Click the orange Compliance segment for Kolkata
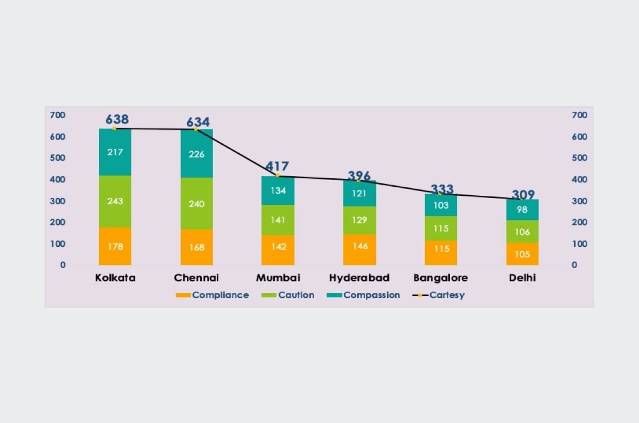pyautogui.click(x=115, y=246)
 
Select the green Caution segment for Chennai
pyautogui.click(x=196, y=204)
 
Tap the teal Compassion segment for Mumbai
pyautogui.click(x=278, y=190)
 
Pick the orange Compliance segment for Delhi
pyautogui.click(x=522, y=254)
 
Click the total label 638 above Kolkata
pyautogui.click(x=117, y=119)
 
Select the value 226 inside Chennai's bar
pyautogui.click(x=196, y=154)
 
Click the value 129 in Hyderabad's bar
pyautogui.click(x=359, y=220)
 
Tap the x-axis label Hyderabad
pyautogui.click(x=359, y=278)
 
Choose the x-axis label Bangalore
pyautogui.click(x=440, y=278)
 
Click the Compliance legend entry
pyautogui.click(x=212, y=295)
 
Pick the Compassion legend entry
pyautogui.click(x=364, y=295)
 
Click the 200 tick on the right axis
pyautogui.click(x=580, y=222)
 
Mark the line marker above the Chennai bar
pyautogui.click(x=195, y=129)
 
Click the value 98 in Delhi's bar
pyautogui.click(x=522, y=210)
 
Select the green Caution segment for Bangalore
pyautogui.click(x=441, y=228)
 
